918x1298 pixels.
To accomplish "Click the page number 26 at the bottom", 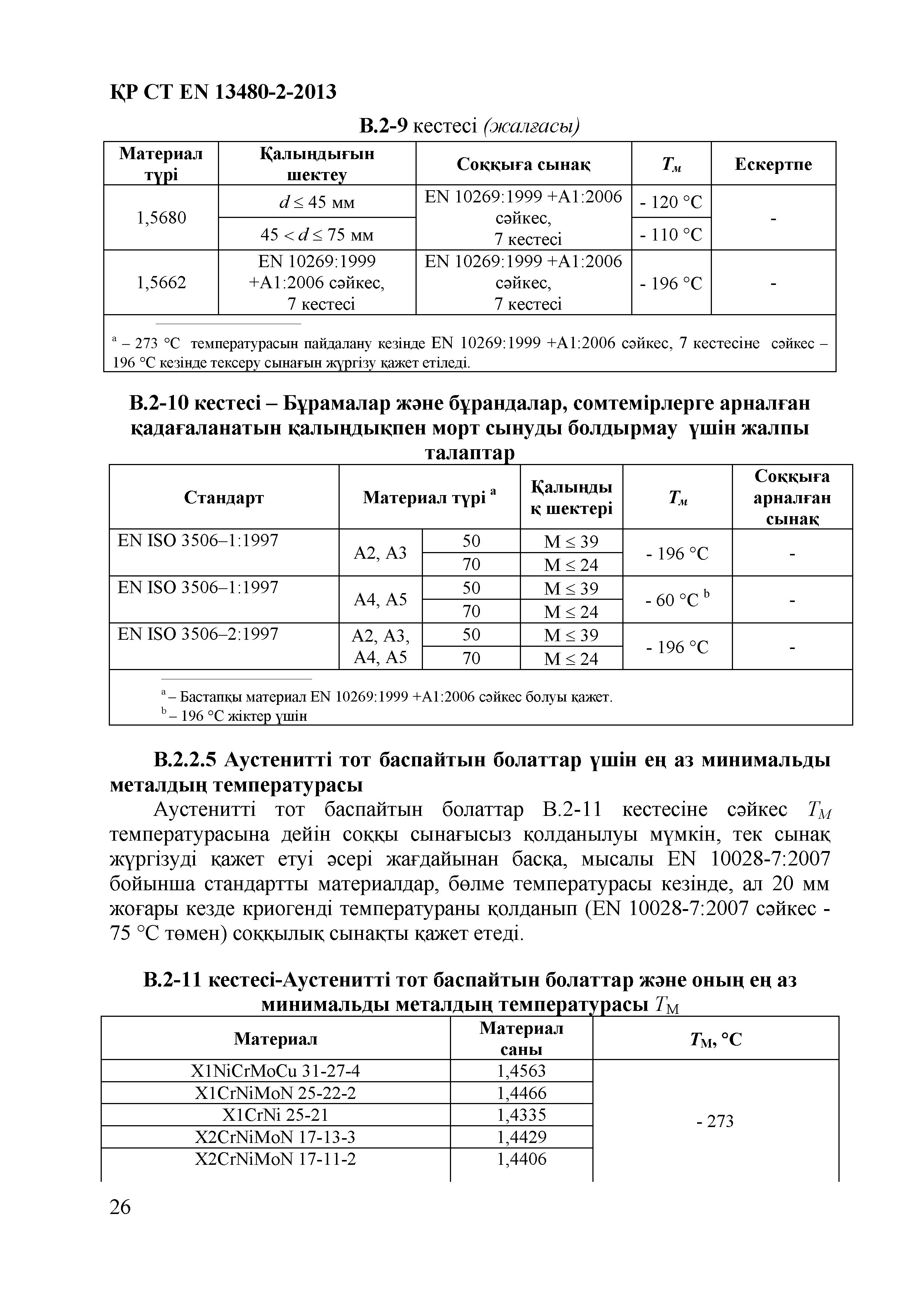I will (x=120, y=1207).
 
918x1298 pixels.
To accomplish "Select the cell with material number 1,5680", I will (x=161, y=218).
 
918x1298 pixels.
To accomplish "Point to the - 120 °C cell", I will (x=671, y=202).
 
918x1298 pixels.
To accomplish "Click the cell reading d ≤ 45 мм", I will (x=317, y=202).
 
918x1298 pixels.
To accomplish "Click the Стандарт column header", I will (x=224, y=498).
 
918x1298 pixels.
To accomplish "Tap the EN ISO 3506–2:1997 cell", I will (x=198, y=634).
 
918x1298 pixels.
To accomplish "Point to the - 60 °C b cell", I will (x=677, y=599).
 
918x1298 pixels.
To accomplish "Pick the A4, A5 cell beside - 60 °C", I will (x=380, y=599).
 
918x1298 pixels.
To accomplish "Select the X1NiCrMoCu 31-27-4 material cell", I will (x=276, y=1071).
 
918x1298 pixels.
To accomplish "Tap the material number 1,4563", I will (x=521, y=1071).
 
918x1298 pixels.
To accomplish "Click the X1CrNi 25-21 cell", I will (x=276, y=1115).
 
